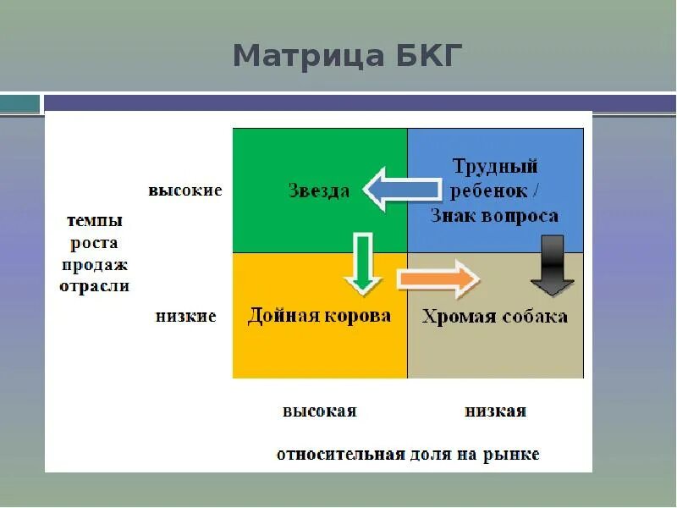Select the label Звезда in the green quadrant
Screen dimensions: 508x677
click(318, 190)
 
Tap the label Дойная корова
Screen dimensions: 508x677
click(319, 316)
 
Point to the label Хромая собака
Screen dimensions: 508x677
click(495, 317)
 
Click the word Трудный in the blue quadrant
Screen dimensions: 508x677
click(495, 166)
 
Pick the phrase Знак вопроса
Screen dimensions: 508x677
click(495, 216)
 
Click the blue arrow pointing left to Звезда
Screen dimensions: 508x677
click(401, 189)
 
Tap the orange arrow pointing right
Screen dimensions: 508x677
click(438, 279)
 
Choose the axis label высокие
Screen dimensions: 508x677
click(185, 190)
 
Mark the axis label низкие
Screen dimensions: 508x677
click(186, 317)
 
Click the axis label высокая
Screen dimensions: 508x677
click(319, 411)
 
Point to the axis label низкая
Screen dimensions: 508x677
click(495, 411)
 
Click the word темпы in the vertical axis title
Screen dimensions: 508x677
click(94, 221)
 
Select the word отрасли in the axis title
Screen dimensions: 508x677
click(94, 285)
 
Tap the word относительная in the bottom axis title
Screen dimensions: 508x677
click(339, 454)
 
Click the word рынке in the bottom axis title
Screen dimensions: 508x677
click(512, 454)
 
